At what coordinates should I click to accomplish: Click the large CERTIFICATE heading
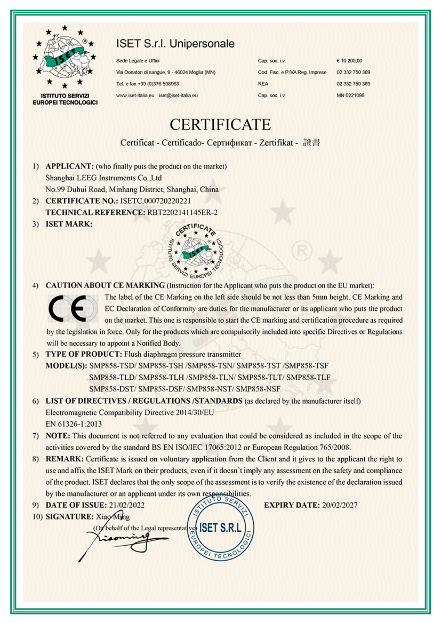pos(220,124)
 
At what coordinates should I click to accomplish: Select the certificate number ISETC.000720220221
pos(155,201)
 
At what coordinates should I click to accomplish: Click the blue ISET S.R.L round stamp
pos(220,528)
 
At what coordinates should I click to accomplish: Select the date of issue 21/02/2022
pos(126,505)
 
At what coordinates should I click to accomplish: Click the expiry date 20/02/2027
pos(339,505)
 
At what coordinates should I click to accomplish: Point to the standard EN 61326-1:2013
pos(74,424)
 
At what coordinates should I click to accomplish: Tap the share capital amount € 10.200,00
pos(349,60)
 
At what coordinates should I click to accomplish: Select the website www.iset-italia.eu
pos(135,95)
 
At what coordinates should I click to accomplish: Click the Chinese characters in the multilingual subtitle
pos(311,143)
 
